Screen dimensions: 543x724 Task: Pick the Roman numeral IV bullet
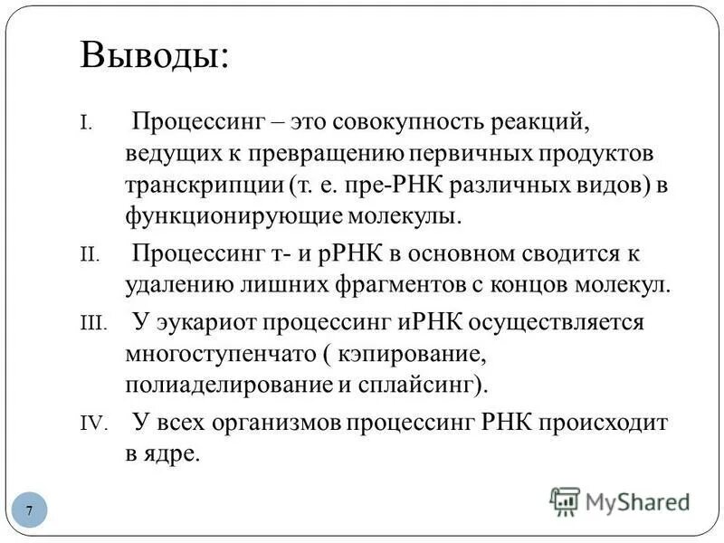click(92, 423)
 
